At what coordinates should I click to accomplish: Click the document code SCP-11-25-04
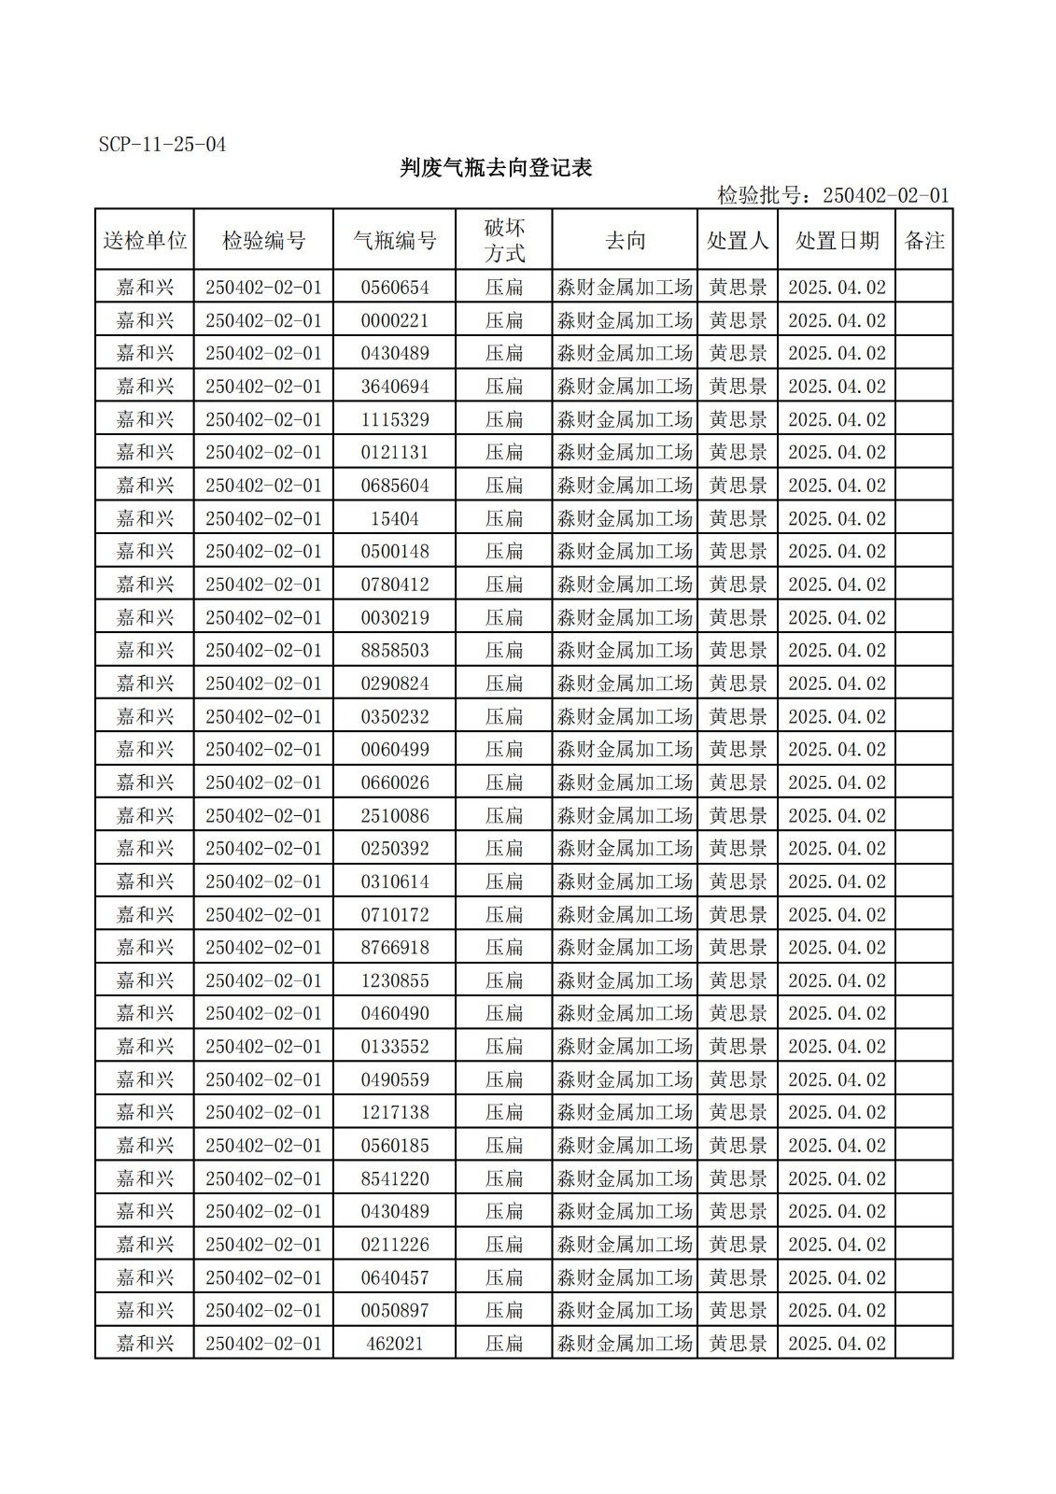[x=162, y=145]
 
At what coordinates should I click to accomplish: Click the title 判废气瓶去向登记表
[x=496, y=168]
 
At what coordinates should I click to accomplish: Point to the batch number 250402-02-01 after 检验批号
[x=885, y=195]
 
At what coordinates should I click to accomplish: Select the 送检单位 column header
[x=145, y=241]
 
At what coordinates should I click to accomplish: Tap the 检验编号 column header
[x=263, y=241]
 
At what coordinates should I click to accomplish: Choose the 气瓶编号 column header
[x=395, y=241]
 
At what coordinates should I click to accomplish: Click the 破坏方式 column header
[x=504, y=241]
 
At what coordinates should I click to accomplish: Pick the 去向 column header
[x=625, y=241]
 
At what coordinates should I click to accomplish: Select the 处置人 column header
[x=738, y=241]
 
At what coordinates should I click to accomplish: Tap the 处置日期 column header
[x=837, y=241]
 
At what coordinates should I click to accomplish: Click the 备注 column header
[x=924, y=241]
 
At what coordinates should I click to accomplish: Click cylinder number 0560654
[x=395, y=288]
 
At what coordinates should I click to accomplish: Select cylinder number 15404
[x=395, y=518]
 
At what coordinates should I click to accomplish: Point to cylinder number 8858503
[x=395, y=651]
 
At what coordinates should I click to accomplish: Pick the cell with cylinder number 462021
[x=395, y=1344]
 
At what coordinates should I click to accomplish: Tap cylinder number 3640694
[x=395, y=387]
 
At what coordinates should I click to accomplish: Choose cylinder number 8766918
[x=395, y=948]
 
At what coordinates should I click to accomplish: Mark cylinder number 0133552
[x=395, y=1047]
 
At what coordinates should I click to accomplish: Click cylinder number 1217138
[x=395, y=1112]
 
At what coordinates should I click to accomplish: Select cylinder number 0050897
[x=395, y=1310]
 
